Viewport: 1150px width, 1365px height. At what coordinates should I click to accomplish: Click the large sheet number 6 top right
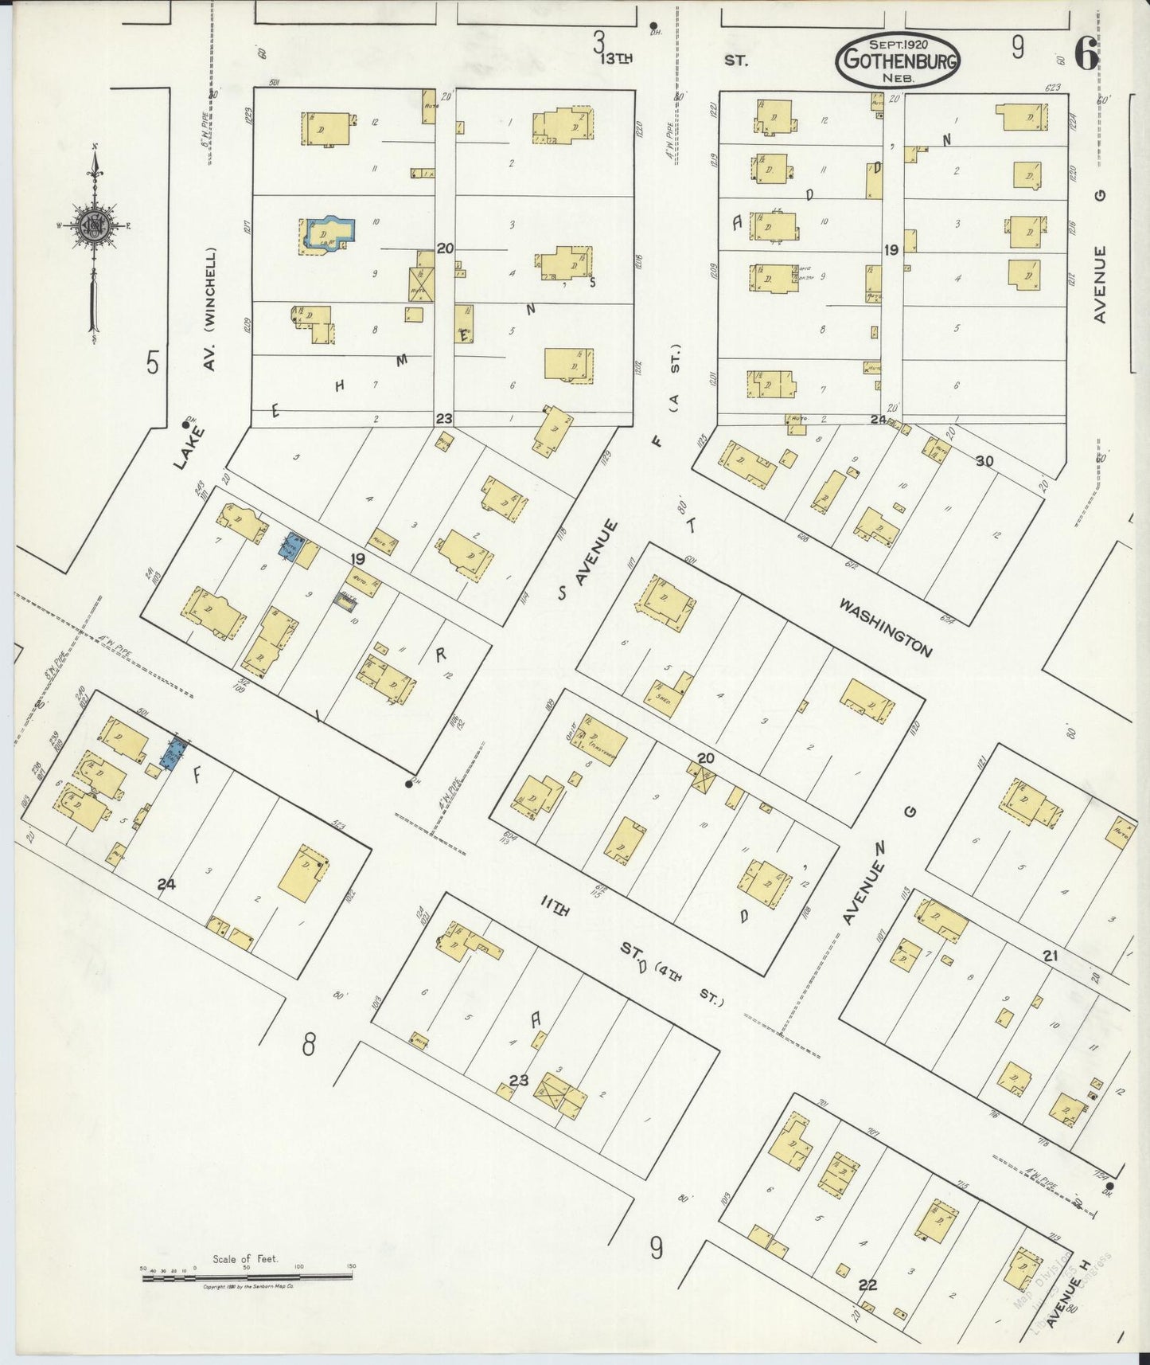[x=1086, y=54]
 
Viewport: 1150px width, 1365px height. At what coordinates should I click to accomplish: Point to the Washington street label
[x=886, y=628]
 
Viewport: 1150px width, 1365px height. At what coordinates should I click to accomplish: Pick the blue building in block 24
[x=173, y=752]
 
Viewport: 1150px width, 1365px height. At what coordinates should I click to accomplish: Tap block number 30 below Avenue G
[x=984, y=460]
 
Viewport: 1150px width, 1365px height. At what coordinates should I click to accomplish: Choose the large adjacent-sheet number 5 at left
[x=153, y=363]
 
